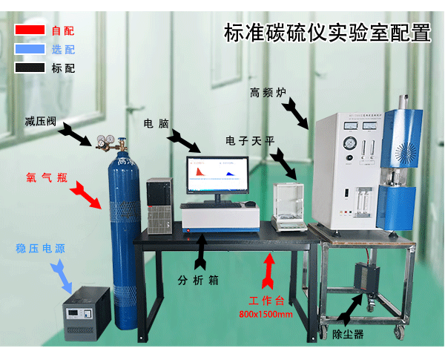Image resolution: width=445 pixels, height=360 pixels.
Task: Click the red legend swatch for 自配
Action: (x=30, y=30)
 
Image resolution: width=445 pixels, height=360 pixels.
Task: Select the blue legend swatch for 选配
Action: (x=30, y=49)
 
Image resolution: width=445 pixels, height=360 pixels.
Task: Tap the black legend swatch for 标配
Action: (x=30, y=68)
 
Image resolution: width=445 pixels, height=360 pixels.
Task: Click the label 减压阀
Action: (x=40, y=121)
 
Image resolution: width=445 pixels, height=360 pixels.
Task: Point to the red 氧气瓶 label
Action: (x=47, y=178)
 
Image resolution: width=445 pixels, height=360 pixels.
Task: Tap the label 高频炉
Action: (x=269, y=94)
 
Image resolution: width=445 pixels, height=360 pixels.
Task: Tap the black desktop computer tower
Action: (x=159, y=201)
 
